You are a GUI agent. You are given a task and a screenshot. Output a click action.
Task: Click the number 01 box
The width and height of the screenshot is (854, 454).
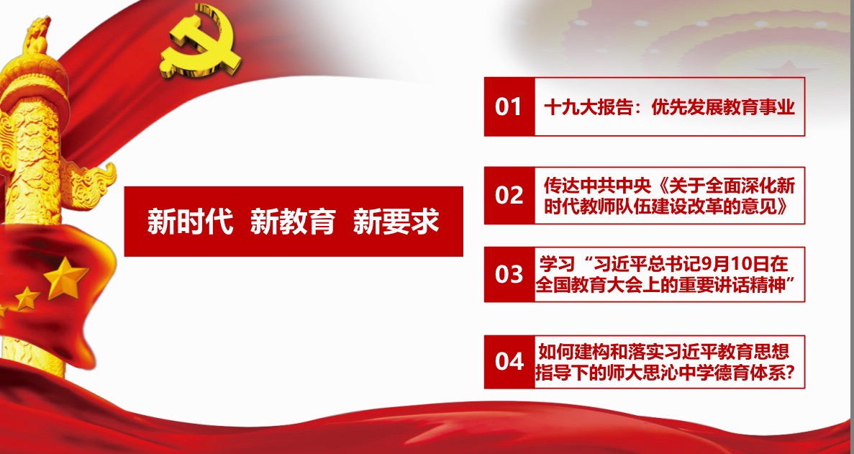(509, 106)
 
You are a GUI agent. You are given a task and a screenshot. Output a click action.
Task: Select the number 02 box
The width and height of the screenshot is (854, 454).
(509, 196)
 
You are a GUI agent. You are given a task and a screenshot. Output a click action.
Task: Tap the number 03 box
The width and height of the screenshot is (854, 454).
(509, 274)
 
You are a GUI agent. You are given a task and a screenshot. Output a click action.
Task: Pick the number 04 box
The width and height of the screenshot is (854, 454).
(509, 361)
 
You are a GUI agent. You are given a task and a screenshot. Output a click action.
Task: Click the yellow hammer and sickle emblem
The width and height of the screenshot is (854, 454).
(201, 41)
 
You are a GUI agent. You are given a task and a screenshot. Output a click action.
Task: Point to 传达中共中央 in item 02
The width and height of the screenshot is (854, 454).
(597, 186)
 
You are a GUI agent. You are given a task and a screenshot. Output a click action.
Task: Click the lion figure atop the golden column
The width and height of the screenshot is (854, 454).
(37, 36)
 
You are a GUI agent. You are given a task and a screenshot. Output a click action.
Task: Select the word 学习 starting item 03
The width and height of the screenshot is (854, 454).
(557, 265)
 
